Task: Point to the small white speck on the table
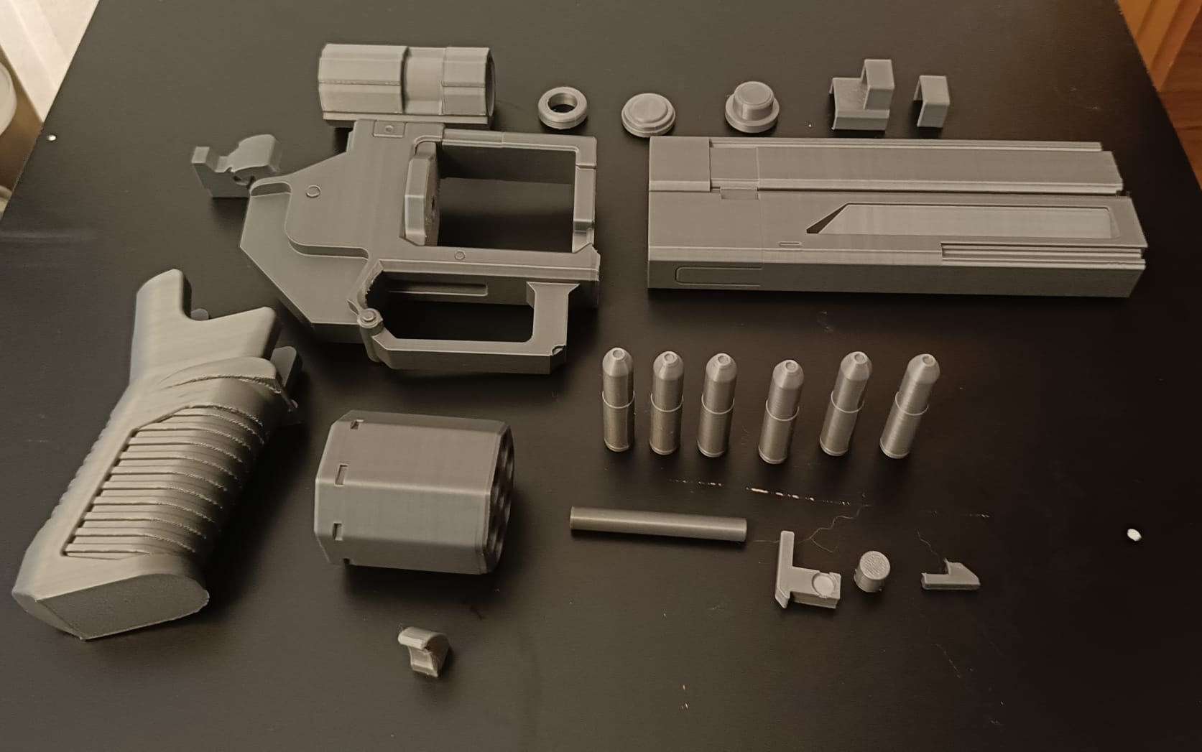1134,534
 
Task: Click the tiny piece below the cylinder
425,650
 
